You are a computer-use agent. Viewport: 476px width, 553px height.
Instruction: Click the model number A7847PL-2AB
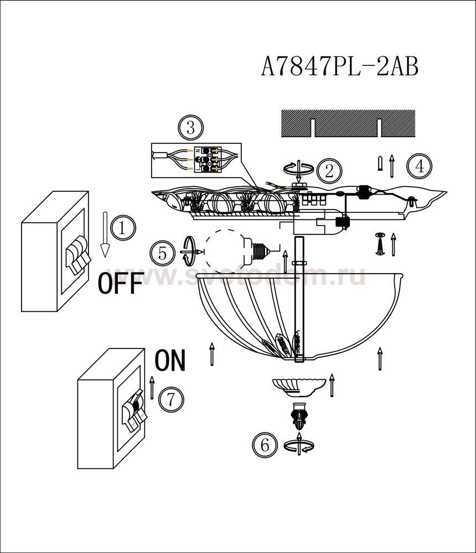[x=340, y=67]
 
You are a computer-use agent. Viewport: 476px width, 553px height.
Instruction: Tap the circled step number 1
[x=123, y=228]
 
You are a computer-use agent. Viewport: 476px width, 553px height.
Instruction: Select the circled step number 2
[x=329, y=171]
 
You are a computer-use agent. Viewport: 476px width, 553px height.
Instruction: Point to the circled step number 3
[x=191, y=128]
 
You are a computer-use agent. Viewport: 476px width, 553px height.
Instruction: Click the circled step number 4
[x=419, y=166]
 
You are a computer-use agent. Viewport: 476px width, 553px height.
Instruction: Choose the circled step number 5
[x=162, y=254]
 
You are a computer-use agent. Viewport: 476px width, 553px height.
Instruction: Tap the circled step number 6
[x=265, y=445]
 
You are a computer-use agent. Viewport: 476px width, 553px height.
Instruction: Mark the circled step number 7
[x=171, y=400]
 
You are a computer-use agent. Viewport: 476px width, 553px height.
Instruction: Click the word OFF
[x=121, y=283]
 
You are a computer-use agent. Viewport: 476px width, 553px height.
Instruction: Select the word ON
[x=170, y=360]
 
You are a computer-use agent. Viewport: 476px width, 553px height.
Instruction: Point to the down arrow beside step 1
[x=105, y=234]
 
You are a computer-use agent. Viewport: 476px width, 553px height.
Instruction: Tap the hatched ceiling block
[x=348, y=123]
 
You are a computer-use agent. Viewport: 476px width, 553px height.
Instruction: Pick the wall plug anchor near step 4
[x=380, y=164]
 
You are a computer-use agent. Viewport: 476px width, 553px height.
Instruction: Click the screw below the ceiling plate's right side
[x=380, y=244]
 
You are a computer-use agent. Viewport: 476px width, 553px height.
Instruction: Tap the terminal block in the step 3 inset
[x=208, y=160]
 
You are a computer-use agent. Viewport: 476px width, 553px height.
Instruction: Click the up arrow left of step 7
[x=152, y=388]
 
